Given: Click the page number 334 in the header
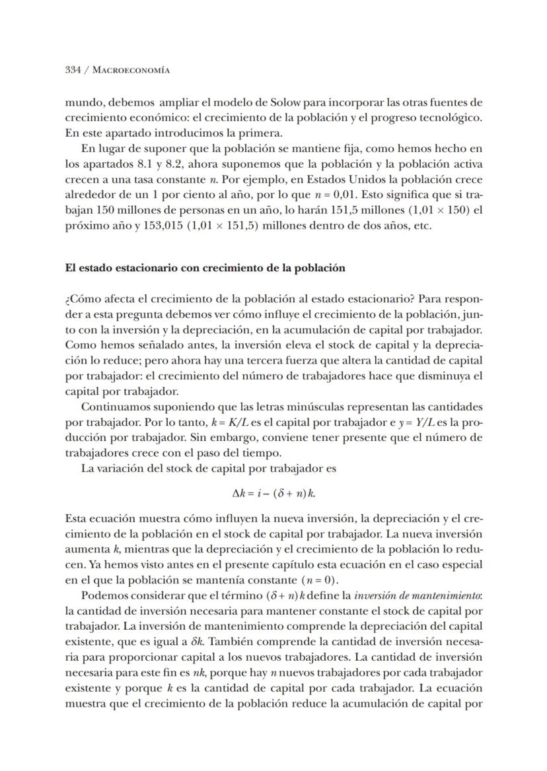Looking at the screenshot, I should pos(73,69).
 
